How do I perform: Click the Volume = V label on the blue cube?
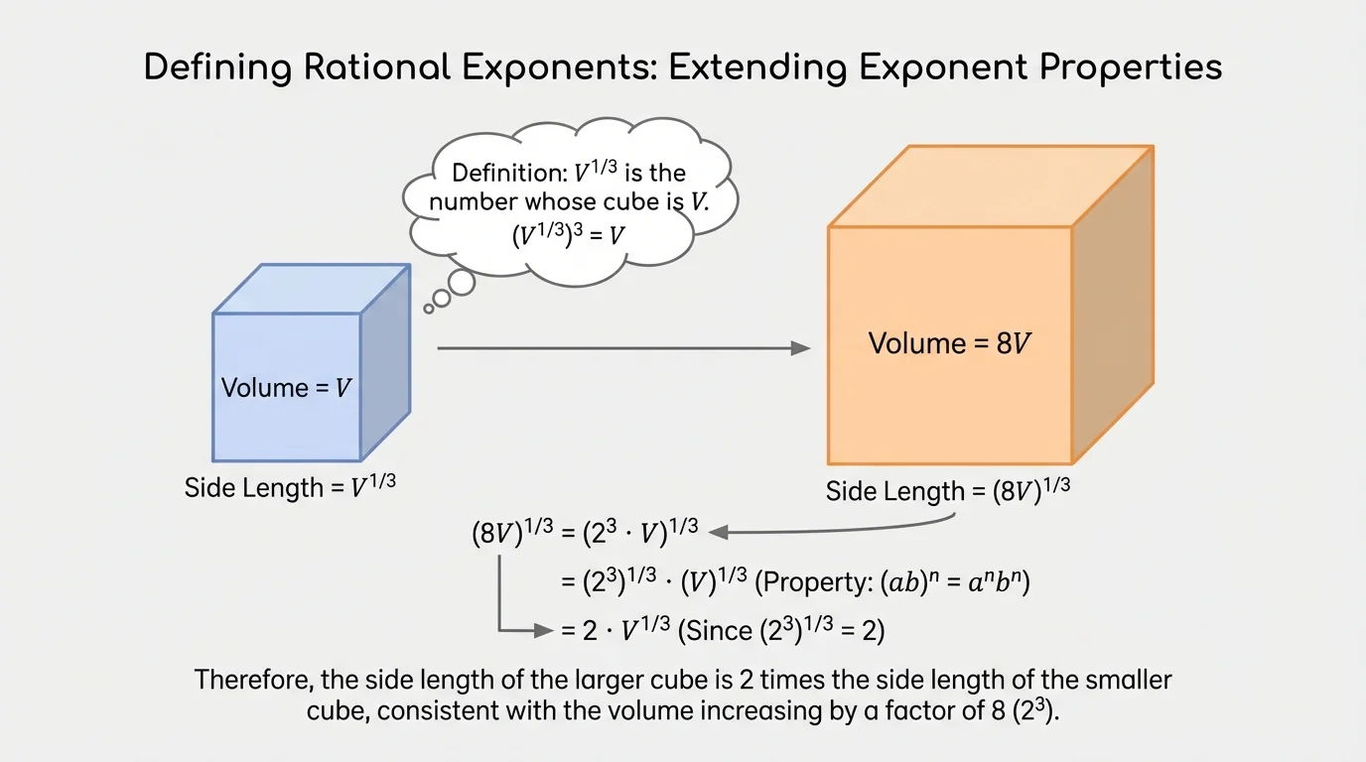[x=286, y=387]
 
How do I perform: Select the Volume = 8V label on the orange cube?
[x=950, y=343]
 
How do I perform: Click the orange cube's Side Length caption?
[x=950, y=491]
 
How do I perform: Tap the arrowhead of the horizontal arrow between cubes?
[x=800, y=348]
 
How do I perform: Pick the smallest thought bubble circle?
[x=429, y=309]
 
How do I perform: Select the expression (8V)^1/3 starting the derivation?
[x=512, y=533]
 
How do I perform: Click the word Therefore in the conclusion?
[x=252, y=681]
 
